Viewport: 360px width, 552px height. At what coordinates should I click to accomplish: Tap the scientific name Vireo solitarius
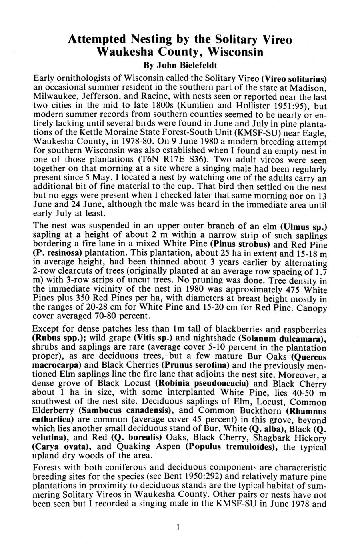pos(294,77)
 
